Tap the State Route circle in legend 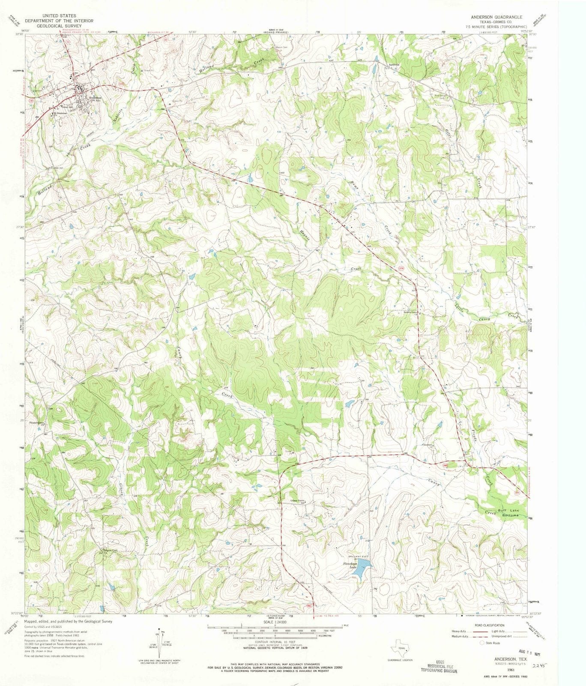pyautogui.click(x=482, y=643)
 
